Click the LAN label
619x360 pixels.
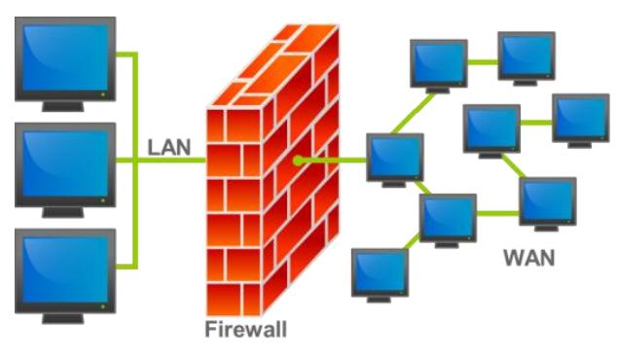point(169,147)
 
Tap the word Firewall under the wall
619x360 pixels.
point(245,329)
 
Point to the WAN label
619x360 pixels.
point(529,258)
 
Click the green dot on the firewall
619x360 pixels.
point(298,161)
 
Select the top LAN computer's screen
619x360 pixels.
point(65,57)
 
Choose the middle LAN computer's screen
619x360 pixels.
point(65,163)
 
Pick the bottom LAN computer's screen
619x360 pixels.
point(65,270)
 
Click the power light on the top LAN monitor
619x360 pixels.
point(103,94)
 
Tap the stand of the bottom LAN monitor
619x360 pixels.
point(63,318)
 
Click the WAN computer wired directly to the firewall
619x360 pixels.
point(395,160)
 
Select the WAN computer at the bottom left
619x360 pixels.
point(380,275)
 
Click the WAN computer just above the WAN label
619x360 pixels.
point(548,204)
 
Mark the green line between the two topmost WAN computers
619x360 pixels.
point(483,62)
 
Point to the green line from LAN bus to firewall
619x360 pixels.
point(171,160)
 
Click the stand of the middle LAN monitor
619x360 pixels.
point(63,212)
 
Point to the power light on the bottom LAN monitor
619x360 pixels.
point(103,306)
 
